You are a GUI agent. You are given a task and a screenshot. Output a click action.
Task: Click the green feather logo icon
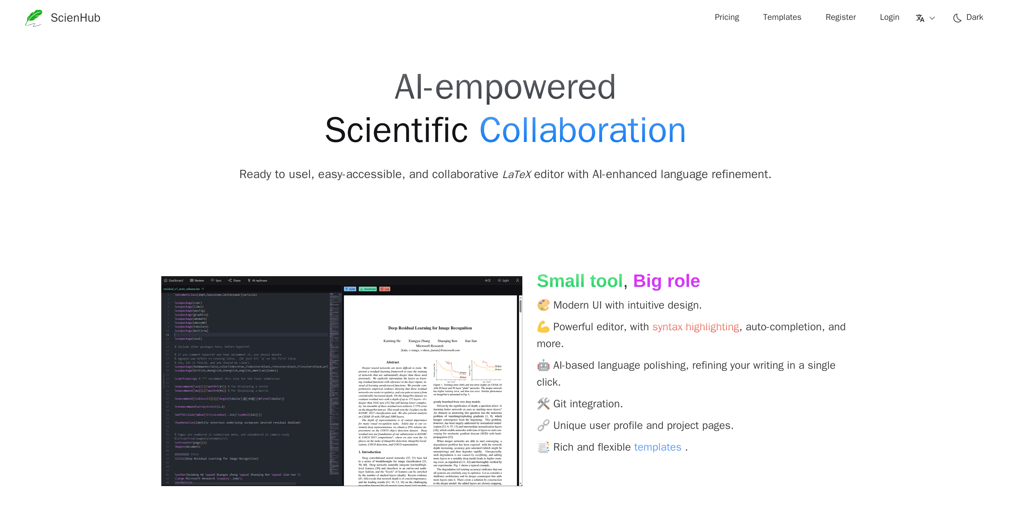(x=34, y=18)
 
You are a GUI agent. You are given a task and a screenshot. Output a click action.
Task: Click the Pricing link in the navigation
(x=726, y=17)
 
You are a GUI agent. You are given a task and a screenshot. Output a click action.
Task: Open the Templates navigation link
(x=782, y=17)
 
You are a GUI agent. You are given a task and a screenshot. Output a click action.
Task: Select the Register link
(x=840, y=17)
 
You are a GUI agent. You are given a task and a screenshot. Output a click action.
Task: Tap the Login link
(x=889, y=17)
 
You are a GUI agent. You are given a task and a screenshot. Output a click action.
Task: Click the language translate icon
(x=920, y=18)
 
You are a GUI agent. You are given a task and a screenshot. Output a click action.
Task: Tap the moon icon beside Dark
(x=957, y=18)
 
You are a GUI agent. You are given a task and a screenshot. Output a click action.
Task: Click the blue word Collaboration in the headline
(x=583, y=130)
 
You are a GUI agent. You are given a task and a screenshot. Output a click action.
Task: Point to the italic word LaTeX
(x=517, y=174)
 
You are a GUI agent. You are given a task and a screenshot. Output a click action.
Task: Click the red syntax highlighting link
(x=695, y=327)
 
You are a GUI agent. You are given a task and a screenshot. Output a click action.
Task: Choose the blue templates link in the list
(x=657, y=447)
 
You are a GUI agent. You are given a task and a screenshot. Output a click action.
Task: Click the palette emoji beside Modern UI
(x=543, y=305)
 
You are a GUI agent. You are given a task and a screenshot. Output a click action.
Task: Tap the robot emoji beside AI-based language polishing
(x=543, y=365)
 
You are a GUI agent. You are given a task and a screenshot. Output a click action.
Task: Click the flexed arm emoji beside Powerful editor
(x=543, y=327)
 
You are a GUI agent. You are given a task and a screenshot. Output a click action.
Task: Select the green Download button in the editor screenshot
(x=368, y=289)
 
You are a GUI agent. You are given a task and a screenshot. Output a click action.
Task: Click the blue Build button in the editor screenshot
(x=350, y=289)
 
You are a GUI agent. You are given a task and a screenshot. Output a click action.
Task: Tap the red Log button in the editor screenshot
(x=385, y=289)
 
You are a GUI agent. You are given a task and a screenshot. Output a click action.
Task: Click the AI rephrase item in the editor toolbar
(x=258, y=281)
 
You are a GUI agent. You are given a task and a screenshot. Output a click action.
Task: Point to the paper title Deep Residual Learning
(x=430, y=328)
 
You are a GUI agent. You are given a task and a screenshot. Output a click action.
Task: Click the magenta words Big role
(x=666, y=281)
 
